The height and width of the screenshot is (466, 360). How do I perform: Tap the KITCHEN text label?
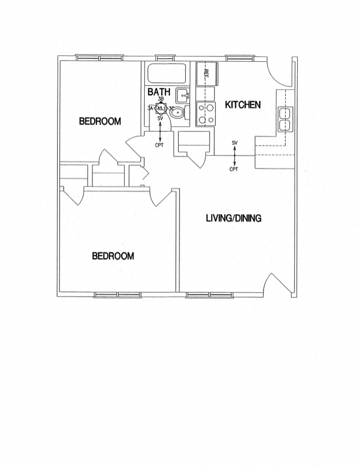click(x=243, y=105)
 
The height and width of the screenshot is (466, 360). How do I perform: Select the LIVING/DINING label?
click(x=234, y=218)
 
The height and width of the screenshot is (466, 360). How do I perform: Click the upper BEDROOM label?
click(x=100, y=122)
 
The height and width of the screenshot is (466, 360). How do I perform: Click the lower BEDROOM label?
click(x=113, y=256)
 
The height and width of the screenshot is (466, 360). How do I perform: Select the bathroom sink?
click(x=184, y=94)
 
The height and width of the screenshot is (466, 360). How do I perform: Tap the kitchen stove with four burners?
click(x=206, y=114)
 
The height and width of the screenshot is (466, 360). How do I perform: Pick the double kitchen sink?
click(x=285, y=118)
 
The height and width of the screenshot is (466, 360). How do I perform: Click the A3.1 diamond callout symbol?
click(x=161, y=108)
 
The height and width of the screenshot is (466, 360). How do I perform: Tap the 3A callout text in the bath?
click(x=150, y=108)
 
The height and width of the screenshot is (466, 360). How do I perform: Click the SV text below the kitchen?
click(x=235, y=143)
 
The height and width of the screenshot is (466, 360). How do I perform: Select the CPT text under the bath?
click(x=159, y=144)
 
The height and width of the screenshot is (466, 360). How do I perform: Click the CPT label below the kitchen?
click(x=234, y=169)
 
